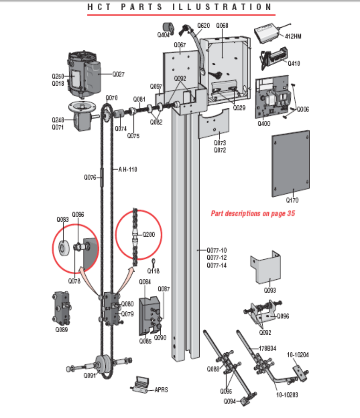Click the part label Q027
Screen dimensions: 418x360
119,74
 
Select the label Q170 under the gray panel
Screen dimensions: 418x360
292,200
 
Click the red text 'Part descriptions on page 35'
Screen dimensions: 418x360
253,213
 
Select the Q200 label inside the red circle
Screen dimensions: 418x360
149,234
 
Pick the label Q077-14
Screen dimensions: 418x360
217,265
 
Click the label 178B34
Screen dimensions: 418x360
268,348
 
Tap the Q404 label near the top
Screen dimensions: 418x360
164,35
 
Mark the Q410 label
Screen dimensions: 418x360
294,64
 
